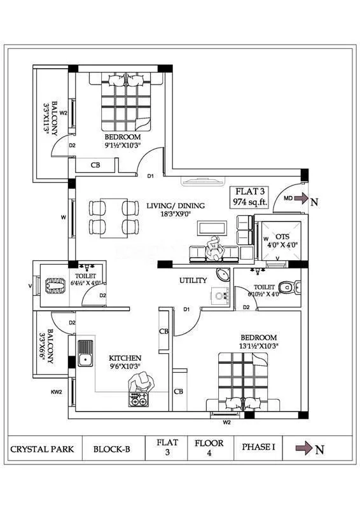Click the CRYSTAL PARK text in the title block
[42, 449]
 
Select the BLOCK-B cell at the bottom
[111, 449]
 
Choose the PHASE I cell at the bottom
[258, 448]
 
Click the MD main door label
[288, 199]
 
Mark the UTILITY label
[193, 280]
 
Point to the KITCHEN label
[125, 358]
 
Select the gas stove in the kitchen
[138, 401]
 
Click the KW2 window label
[57, 392]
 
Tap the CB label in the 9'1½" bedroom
[95, 165]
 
